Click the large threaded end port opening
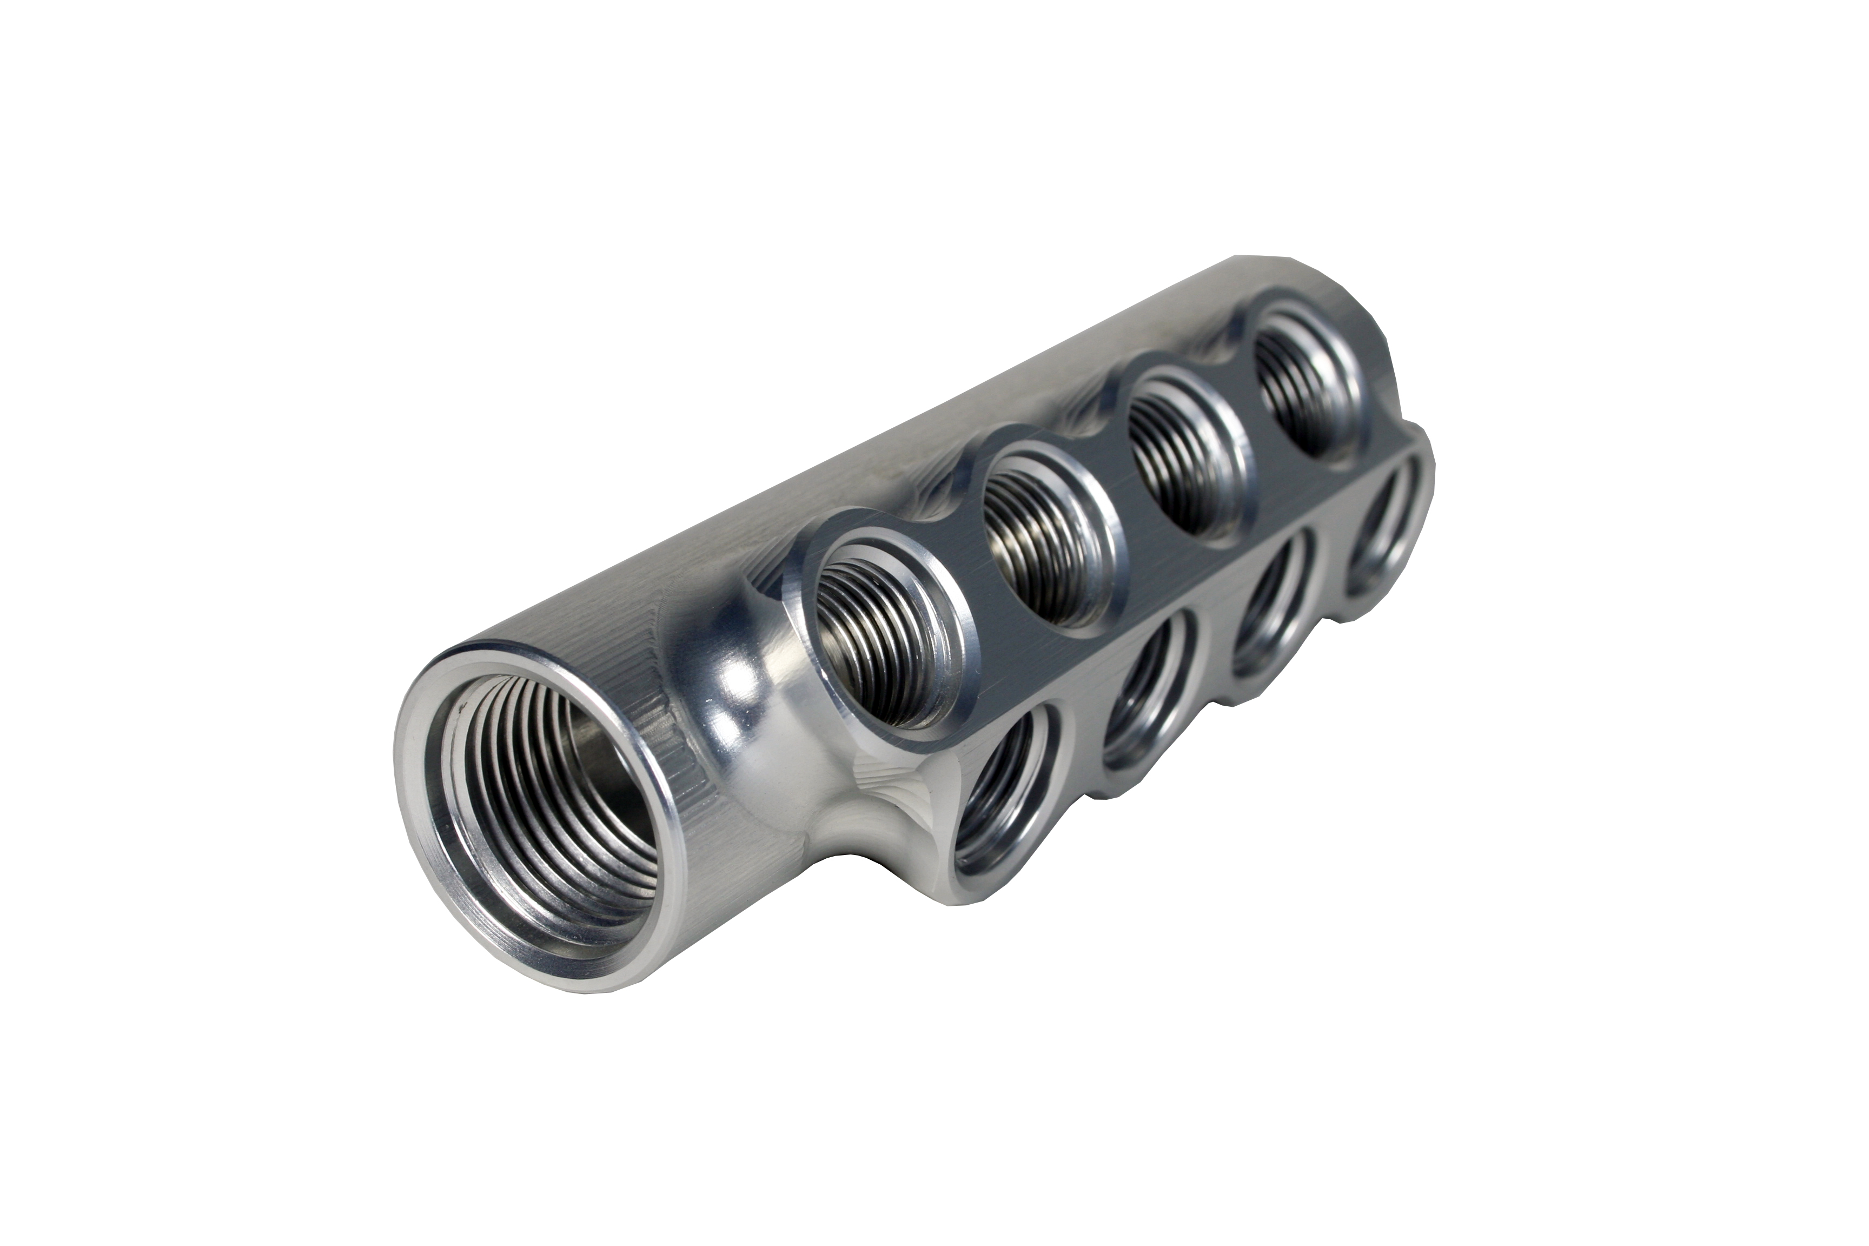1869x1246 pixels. pos(548,818)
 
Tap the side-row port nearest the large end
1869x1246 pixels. pos(1005,803)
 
